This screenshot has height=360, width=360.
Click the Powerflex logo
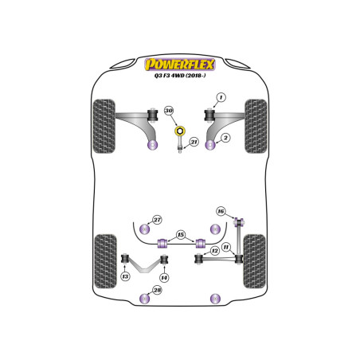(x=180, y=65)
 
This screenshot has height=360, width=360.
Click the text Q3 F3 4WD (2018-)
(x=180, y=76)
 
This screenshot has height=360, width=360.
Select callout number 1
(x=221, y=97)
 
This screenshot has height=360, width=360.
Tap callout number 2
(x=225, y=138)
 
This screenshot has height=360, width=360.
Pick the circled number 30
(x=169, y=110)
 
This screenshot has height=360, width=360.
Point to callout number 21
(x=194, y=142)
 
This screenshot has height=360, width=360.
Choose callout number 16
(x=221, y=211)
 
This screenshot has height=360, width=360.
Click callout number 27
(x=158, y=220)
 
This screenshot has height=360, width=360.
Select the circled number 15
(x=181, y=235)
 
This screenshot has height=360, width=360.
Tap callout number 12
(x=215, y=251)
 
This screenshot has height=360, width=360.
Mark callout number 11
(x=226, y=248)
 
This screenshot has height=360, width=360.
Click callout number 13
(x=125, y=276)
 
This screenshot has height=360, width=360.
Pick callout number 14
(x=164, y=278)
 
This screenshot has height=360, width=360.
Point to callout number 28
(x=158, y=290)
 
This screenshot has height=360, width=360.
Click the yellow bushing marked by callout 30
(x=180, y=131)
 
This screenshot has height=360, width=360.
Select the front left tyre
(x=104, y=126)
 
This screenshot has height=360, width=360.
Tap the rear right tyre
(x=255, y=261)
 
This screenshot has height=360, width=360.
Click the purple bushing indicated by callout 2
(x=211, y=145)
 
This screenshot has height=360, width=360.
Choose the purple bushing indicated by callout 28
(x=145, y=299)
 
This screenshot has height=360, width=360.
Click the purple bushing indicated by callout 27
(x=145, y=229)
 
